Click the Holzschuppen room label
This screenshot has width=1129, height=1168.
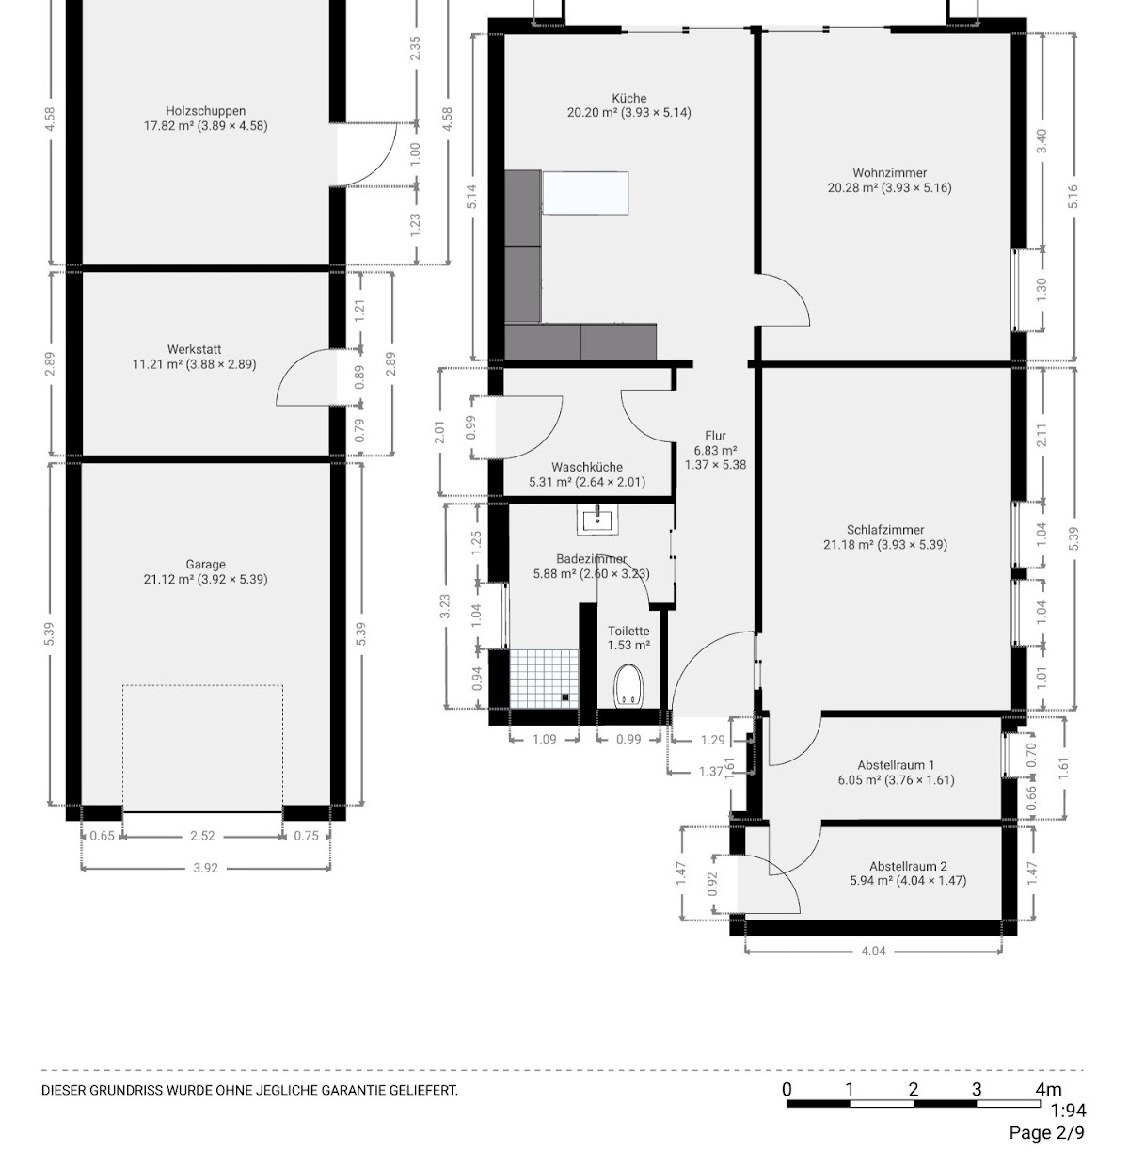(205, 111)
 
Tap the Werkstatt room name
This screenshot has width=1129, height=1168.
(194, 349)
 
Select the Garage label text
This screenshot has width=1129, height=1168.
(205, 564)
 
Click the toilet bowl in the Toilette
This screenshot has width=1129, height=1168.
(628, 685)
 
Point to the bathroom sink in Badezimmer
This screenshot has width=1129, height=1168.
(597, 520)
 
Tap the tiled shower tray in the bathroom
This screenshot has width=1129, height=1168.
(544, 679)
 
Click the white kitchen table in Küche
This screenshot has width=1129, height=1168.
(585, 193)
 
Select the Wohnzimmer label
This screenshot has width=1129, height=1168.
(889, 173)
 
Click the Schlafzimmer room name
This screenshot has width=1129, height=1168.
(884, 530)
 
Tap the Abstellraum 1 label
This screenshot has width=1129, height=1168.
(896, 765)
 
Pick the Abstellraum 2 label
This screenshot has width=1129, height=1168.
(908, 866)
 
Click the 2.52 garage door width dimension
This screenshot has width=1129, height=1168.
(202, 836)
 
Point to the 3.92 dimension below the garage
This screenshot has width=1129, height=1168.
(205, 868)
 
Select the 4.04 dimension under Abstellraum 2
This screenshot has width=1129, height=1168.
(873, 951)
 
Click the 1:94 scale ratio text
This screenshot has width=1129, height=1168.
(1069, 1111)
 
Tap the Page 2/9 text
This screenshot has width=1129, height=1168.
(1047, 1132)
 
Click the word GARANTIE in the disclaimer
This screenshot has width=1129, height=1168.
(354, 1090)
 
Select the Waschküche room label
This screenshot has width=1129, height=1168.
(587, 467)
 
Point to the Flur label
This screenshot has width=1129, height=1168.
(715, 436)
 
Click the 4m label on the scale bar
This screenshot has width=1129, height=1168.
(1048, 1089)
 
